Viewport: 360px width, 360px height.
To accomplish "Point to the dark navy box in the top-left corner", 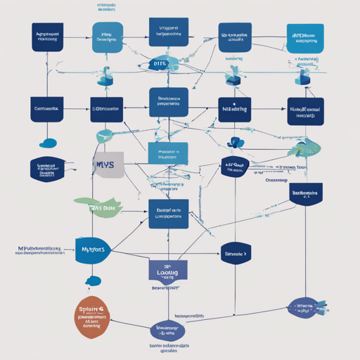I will [x=48, y=37].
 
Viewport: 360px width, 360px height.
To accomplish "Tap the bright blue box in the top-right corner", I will [x=306, y=37].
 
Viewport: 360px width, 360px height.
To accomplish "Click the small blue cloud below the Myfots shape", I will [x=94, y=282].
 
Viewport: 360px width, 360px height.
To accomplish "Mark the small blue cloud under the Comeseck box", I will [x=49, y=143].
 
